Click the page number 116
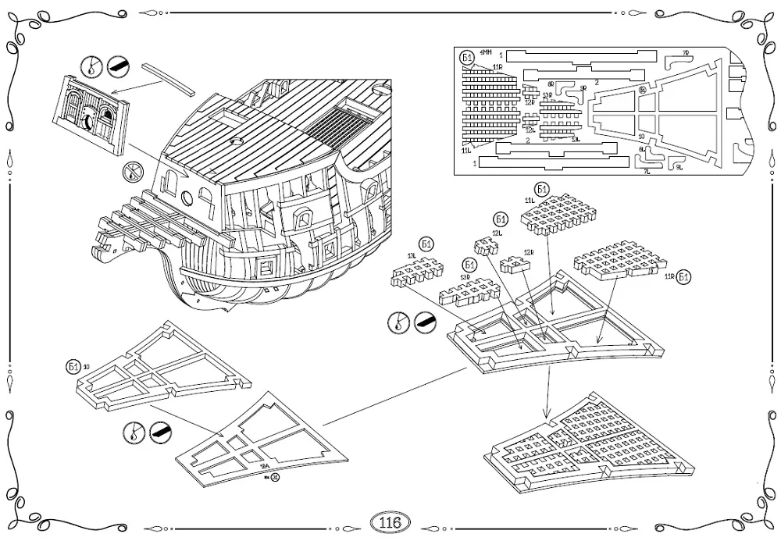(389, 521)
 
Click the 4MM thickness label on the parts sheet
(486, 53)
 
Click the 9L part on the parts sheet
(671, 162)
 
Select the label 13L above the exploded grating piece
(411, 257)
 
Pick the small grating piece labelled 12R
(515, 265)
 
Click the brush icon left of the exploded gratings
(426, 320)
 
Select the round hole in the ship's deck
(235, 143)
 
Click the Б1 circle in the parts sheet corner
(467, 57)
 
